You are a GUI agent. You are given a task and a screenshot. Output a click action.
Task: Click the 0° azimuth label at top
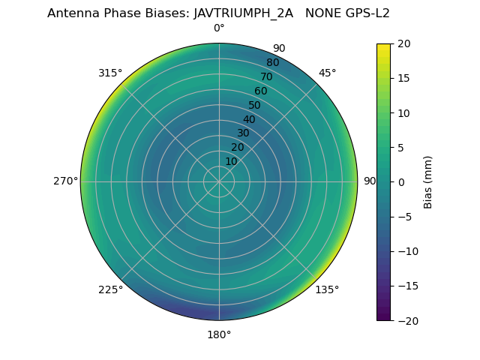(x=219, y=28)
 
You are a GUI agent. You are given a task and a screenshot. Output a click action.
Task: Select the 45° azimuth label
(x=328, y=73)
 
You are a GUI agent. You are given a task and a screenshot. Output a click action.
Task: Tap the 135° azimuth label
(x=327, y=289)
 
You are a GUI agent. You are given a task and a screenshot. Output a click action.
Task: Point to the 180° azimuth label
(x=219, y=334)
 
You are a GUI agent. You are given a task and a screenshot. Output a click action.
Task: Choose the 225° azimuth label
(x=110, y=289)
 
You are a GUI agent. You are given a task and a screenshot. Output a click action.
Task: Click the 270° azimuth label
(x=65, y=181)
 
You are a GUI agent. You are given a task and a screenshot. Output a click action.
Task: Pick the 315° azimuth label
(x=110, y=73)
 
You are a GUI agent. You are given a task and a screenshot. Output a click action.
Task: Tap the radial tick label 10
(x=231, y=161)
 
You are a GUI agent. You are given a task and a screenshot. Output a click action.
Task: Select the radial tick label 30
(x=243, y=133)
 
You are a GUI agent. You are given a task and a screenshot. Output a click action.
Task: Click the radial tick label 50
(x=254, y=106)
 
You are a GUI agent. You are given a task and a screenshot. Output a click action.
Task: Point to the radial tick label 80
(x=272, y=63)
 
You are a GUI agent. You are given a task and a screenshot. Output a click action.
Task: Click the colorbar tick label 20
(x=403, y=43)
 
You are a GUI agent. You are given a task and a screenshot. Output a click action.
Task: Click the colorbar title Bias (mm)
(x=428, y=182)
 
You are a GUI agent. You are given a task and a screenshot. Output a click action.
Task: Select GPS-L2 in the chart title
(x=364, y=13)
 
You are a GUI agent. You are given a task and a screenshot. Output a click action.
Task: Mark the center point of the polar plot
(x=219, y=181)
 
